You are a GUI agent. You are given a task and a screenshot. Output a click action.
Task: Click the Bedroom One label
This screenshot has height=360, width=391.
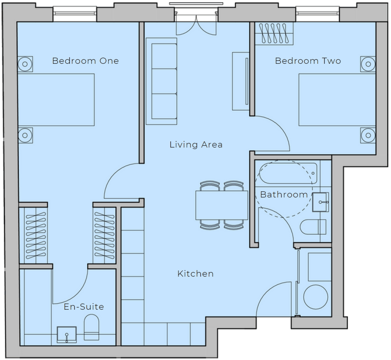tap(85, 61)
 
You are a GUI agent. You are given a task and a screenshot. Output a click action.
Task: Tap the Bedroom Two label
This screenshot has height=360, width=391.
tap(308, 61)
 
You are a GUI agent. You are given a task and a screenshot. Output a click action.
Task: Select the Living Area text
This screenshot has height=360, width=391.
tap(196, 144)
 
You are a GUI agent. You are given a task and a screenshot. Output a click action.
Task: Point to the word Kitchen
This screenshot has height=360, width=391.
tap(195, 274)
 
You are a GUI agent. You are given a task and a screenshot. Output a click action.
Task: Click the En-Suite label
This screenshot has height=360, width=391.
tap(84, 307)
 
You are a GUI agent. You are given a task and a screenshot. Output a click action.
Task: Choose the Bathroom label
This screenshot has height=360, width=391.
tap(284, 194)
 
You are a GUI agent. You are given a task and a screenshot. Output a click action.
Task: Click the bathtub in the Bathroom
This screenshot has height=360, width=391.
tap(288, 173)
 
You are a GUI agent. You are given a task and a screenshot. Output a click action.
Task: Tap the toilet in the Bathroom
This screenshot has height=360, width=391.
tap(313, 227)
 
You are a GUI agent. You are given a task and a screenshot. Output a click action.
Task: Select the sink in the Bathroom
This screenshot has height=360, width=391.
tap(320, 202)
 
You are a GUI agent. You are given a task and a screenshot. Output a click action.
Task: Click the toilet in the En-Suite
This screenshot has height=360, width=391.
tap(92, 327)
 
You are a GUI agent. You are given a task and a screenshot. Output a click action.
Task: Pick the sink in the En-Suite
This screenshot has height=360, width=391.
tap(67, 335)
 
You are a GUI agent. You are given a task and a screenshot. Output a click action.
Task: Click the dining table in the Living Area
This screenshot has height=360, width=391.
tap(222, 205)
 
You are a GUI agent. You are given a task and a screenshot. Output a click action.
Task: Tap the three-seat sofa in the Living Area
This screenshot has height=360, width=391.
tap(161, 81)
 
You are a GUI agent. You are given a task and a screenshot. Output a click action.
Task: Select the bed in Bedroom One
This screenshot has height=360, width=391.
tap(56, 100)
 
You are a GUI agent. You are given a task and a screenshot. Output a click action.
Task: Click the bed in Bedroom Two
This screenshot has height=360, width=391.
tap(337, 100)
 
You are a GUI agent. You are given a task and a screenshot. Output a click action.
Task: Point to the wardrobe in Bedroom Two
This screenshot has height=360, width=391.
tap(274, 34)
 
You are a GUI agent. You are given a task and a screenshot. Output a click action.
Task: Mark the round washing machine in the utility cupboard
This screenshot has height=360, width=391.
tap(316, 297)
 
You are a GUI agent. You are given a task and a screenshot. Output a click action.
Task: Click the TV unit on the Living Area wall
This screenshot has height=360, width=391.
tap(241, 81)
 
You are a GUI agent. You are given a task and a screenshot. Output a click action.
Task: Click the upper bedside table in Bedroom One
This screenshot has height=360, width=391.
tap(25, 64)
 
